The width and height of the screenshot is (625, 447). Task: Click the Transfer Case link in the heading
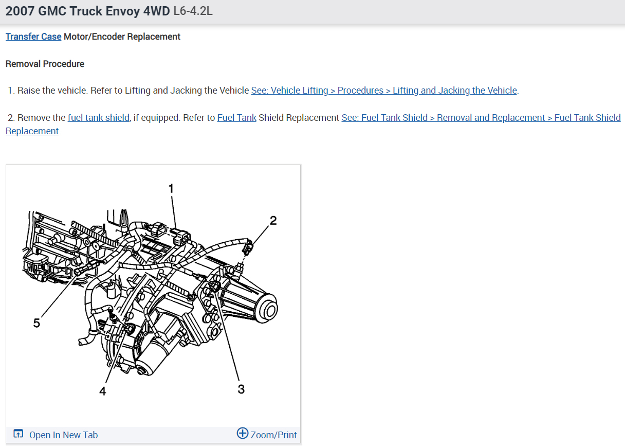click(33, 37)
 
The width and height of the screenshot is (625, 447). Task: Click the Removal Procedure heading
click(45, 64)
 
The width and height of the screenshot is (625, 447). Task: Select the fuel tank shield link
click(99, 118)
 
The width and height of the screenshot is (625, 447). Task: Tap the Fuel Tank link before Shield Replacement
click(236, 118)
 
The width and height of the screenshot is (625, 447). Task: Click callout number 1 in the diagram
click(171, 188)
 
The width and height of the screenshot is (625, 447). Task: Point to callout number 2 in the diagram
click(273, 221)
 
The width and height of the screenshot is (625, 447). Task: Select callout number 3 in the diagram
click(241, 389)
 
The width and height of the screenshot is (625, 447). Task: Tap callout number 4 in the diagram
click(103, 391)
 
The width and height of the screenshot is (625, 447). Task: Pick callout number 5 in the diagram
click(36, 323)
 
